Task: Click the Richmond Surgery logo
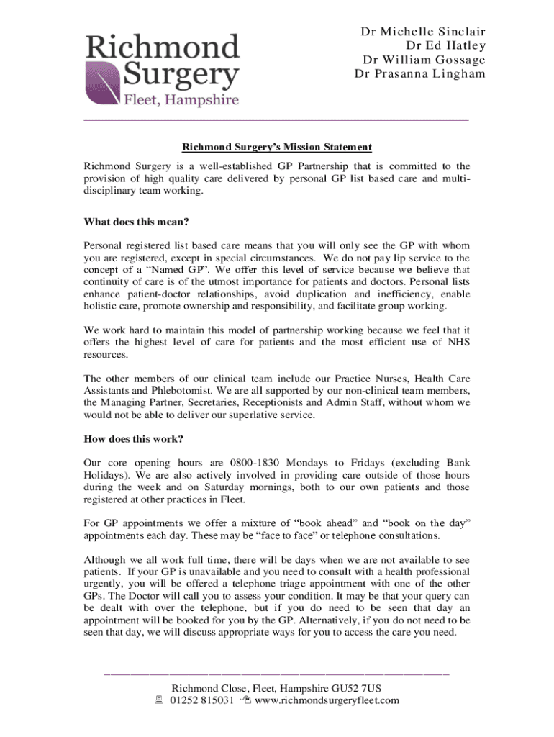162,70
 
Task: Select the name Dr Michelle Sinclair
422,32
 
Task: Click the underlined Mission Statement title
276,148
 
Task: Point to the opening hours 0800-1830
256,462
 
